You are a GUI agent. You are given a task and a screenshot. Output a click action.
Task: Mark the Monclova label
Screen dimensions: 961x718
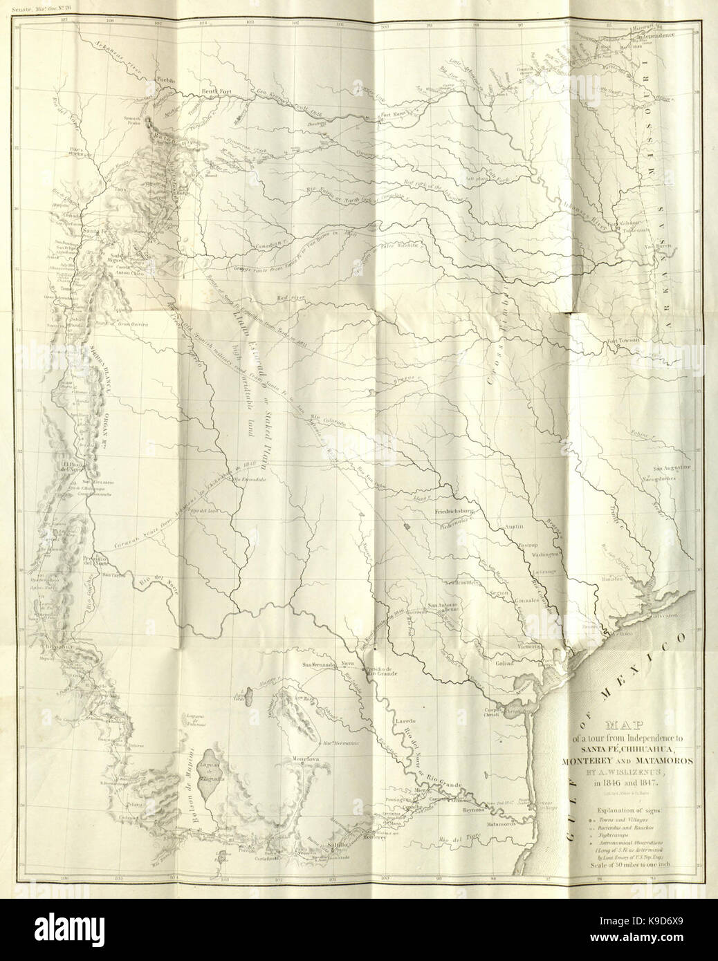point(309,759)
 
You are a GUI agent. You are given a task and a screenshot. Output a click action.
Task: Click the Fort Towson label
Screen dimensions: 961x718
point(625,341)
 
